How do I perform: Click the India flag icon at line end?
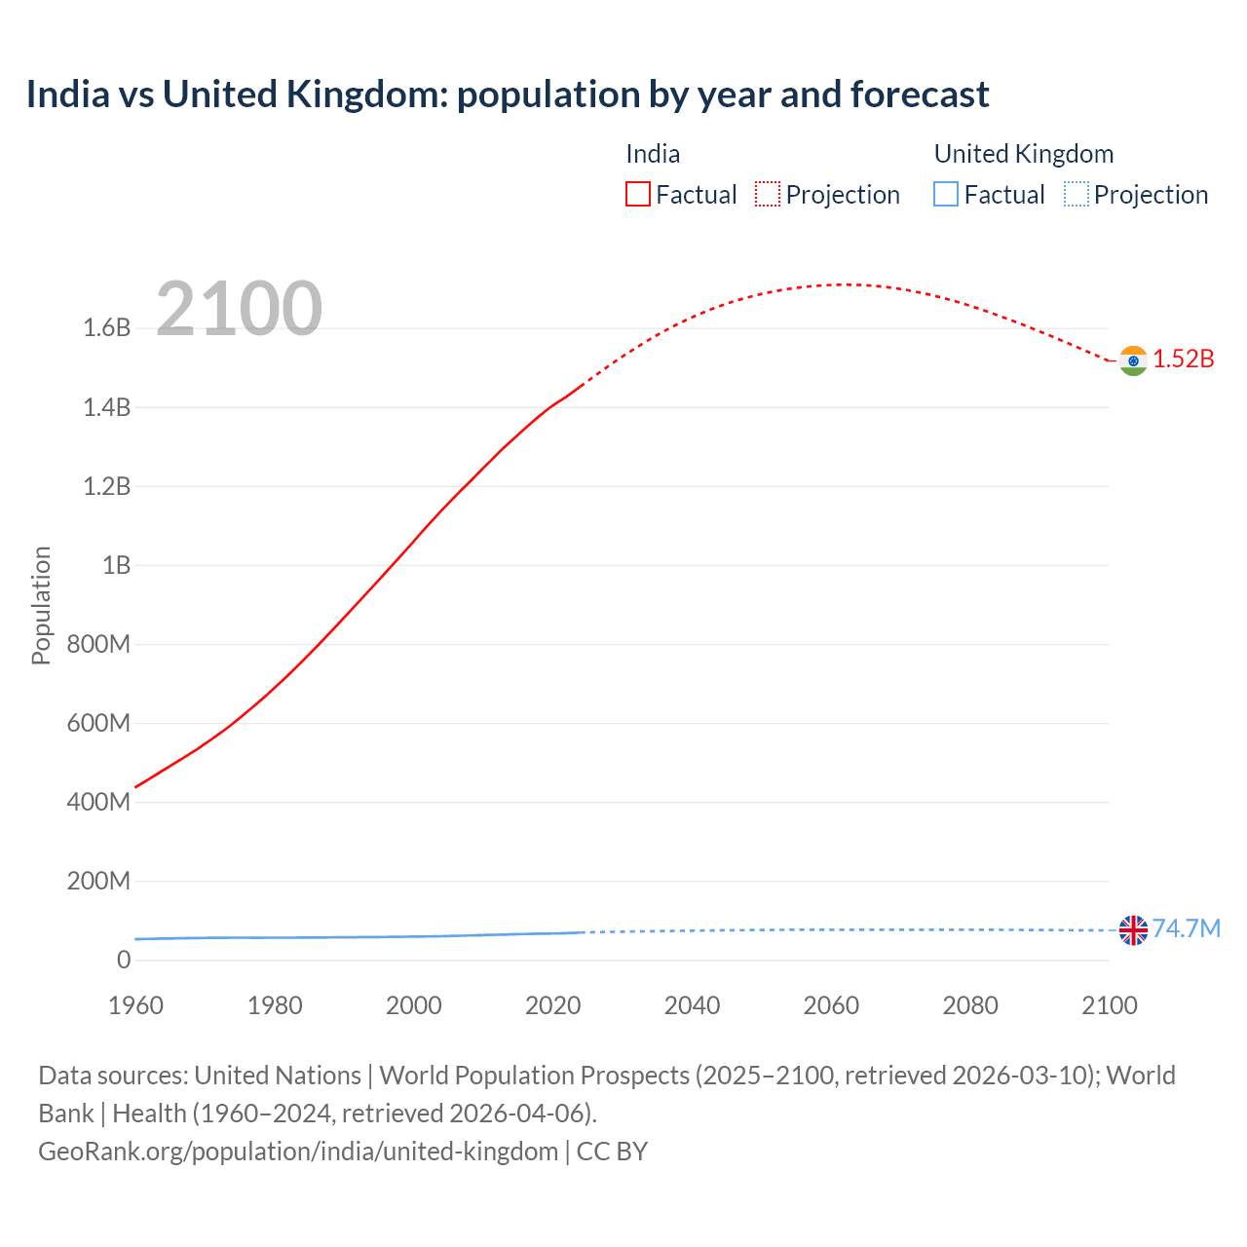pyautogui.click(x=1133, y=360)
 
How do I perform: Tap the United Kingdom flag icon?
pyautogui.click(x=1133, y=930)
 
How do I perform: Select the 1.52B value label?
pyautogui.click(x=1184, y=359)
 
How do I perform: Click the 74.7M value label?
pyautogui.click(x=1187, y=928)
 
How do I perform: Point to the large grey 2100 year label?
pyautogui.click(x=239, y=309)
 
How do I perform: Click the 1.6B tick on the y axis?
pyautogui.click(x=107, y=328)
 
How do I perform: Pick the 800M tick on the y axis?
pyautogui.click(x=98, y=644)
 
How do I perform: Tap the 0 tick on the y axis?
pyautogui.click(x=124, y=960)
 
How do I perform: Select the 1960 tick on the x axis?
pyautogui.click(x=135, y=1005)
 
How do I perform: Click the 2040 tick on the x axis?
pyautogui.click(x=692, y=1005)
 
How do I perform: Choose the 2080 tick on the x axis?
pyautogui.click(x=970, y=1005)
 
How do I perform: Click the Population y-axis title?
pyautogui.click(x=41, y=605)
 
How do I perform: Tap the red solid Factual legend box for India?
pyautogui.click(x=637, y=195)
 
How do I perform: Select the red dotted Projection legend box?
pyautogui.click(x=768, y=195)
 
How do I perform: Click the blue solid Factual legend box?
pyautogui.click(x=945, y=195)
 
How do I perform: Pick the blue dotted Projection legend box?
pyautogui.click(x=1076, y=195)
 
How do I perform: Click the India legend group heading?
pyautogui.click(x=653, y=154)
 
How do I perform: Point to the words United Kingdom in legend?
pyautogui.click(x=1023, y=154)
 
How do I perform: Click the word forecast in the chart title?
pyautogui.click(x=920, y=94)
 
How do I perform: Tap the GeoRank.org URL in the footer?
pyautogui.click(x=298, y=1152)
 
